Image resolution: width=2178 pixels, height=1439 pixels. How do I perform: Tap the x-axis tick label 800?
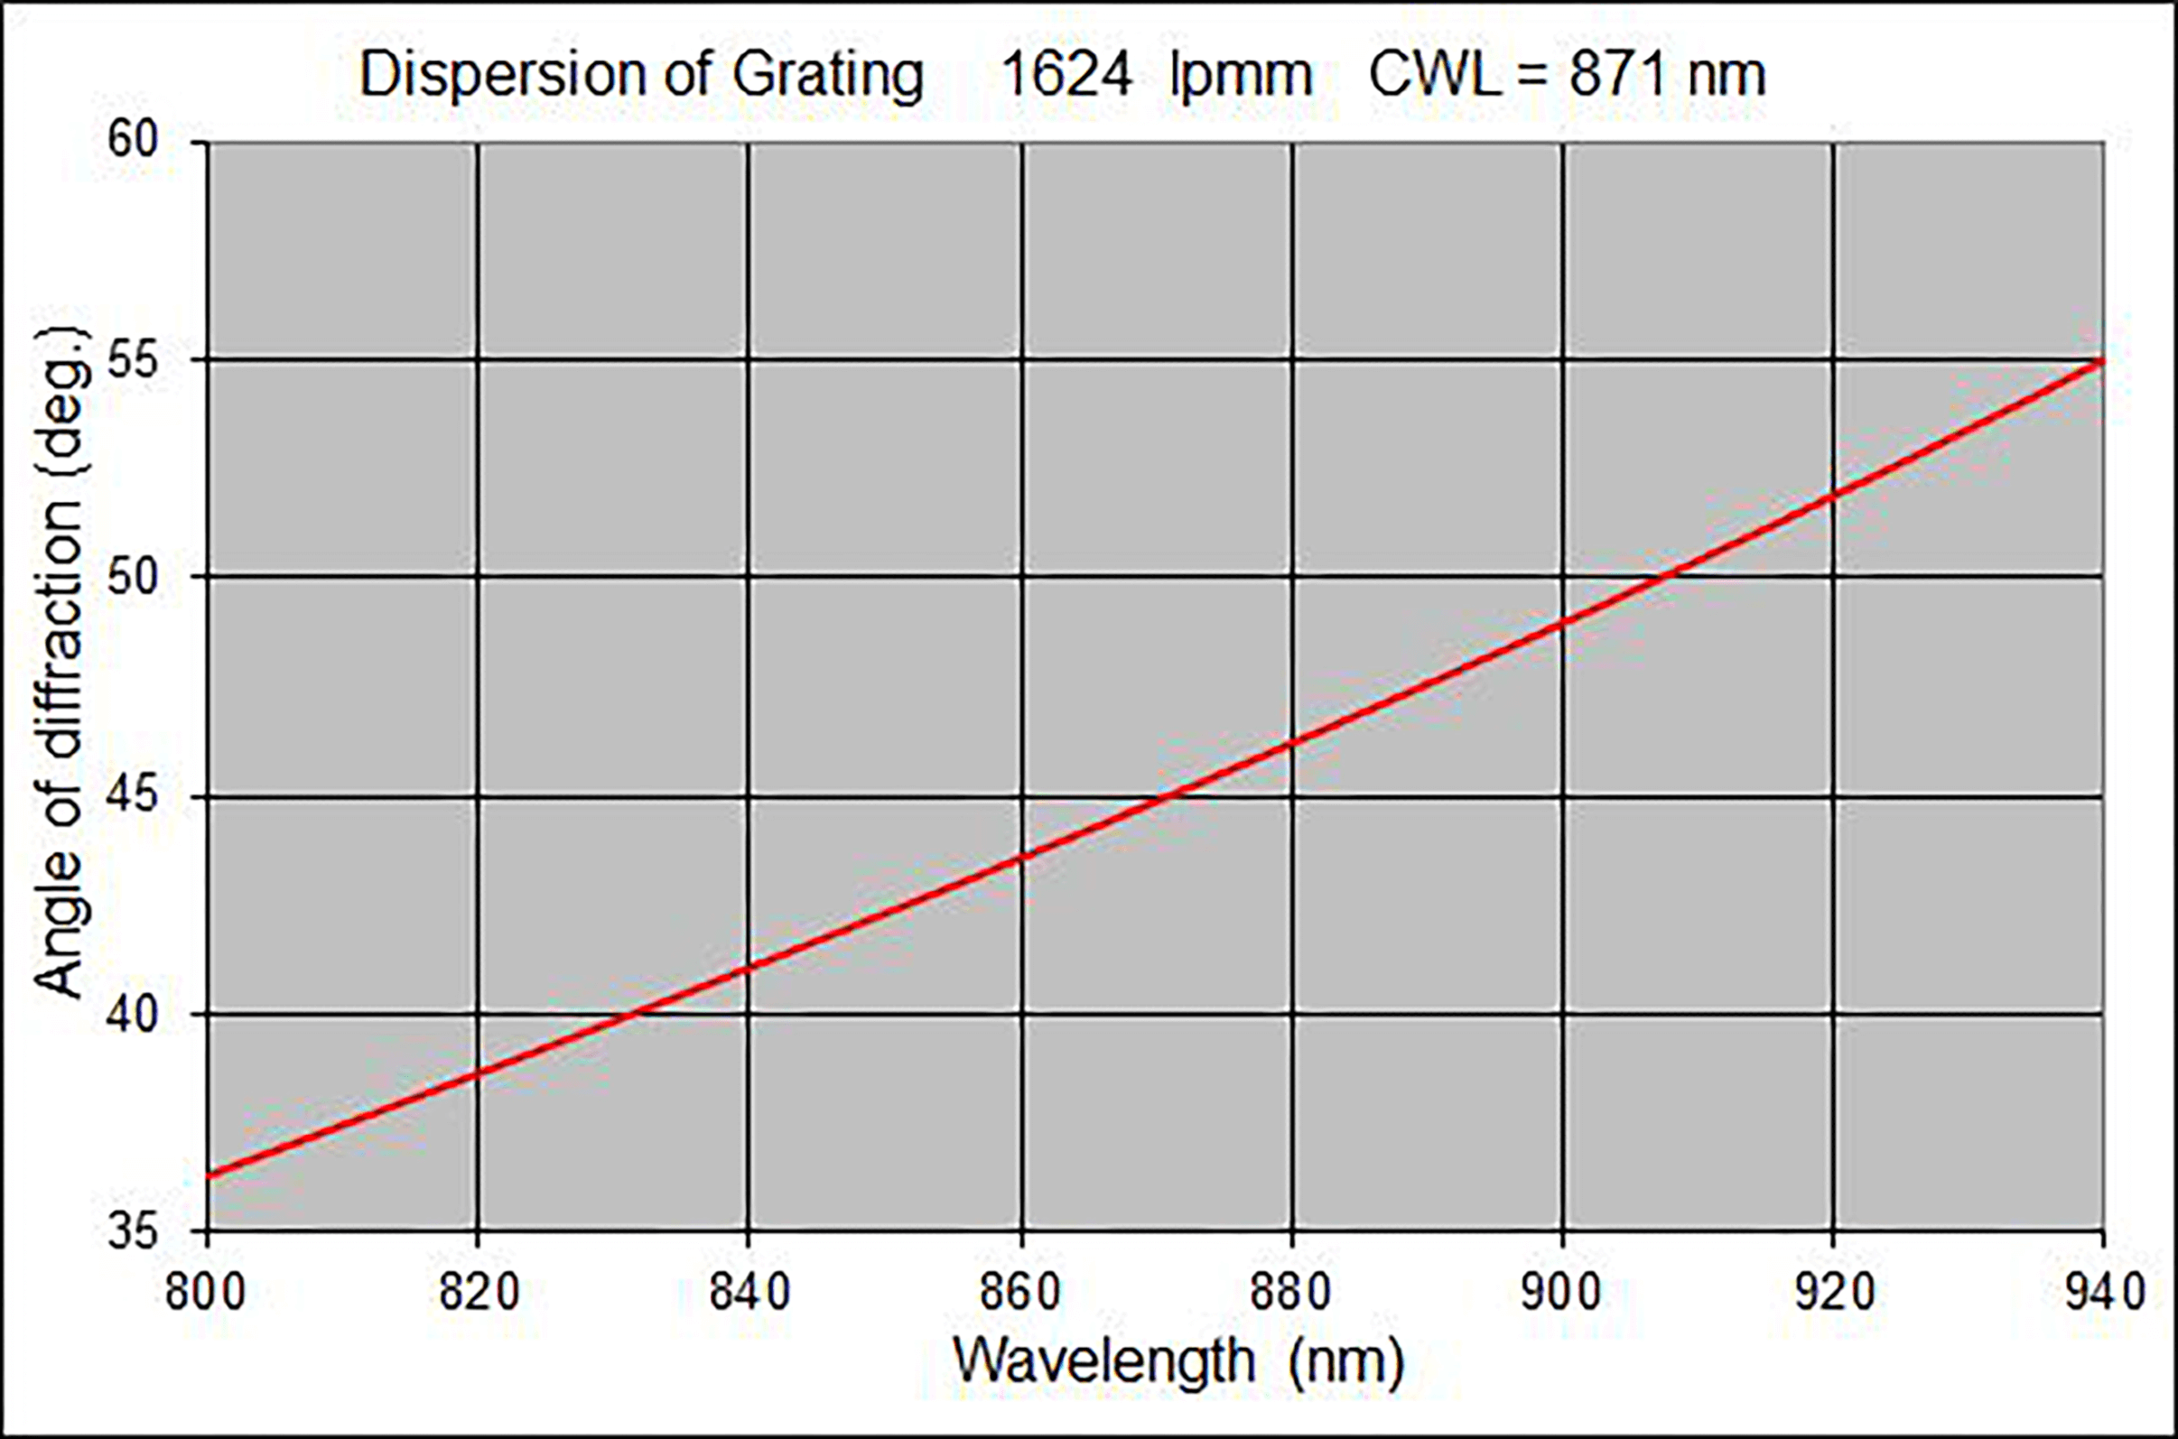pyautogui.click(x=206, y=1293)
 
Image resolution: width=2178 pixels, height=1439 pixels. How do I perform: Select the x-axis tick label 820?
pyautogui.click(x=479, y=1293)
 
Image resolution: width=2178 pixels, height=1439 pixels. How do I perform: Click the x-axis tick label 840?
pyautogui.click(x=749, y=1293)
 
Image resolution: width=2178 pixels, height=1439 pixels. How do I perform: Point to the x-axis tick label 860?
pyautogui.click(x=1020, y=1293)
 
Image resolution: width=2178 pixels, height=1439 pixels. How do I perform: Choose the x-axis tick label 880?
pyautogui.click(x=1291, y=1293)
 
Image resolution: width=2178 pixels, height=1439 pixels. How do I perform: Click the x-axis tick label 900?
pyautogui.click(x=1562, y=1293)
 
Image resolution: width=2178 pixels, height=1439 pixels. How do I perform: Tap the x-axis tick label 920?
pyautogui.click(x=1833, y=1293)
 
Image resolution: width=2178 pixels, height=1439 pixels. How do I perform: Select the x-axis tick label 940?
pyautogui.click(x=2105, y=1293)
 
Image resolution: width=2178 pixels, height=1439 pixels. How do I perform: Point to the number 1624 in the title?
pyautogui.click(x=1066, y=75)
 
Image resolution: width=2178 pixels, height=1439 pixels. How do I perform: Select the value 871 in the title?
pyautogui.click(x=1617, y=75)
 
